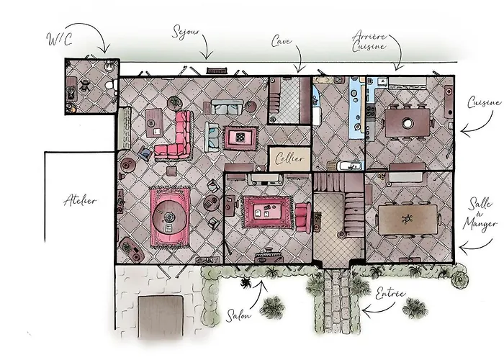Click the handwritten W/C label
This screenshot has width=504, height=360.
pyautogui.click(x=60, y=39)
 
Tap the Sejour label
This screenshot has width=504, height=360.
pyautogui.click(x=186, y=32)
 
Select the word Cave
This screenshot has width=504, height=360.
pyautogui.click(x=282, y=41)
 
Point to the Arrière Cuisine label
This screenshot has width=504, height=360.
pyautogui.click(x=369, y=41)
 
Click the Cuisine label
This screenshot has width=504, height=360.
pyautogui.click(x=484, y=102)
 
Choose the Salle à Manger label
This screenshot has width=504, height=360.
pyautogui.click(x=480, y=214)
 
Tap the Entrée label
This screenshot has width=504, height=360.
pyautogui.click(x=390, y=294)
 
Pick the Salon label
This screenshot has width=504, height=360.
pyautogui.click(x=238, y=315)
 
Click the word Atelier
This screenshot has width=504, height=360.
pyautogui.click(x=80, y=201)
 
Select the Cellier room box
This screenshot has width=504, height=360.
pyautogui.click(x=289, y=158)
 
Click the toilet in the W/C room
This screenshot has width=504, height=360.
pyautogui.click(x=111, y=86)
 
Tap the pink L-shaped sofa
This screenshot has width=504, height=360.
pyautogui.click(x=176, y=136)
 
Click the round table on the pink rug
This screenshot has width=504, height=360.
pyautogui.click(x=169, y=218)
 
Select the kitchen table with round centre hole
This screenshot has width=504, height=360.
pyautogui.click(x=408, y=123)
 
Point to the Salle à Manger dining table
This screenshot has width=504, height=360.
pyautogui.click(x=408, y=220)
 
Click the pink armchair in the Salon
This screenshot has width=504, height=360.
pyautogui.click(x=303, y=217)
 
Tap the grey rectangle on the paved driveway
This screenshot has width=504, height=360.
pyautogui.click(x=161, y=317)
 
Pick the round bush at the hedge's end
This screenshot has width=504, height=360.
pyautogui.click(x=459, y=280)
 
